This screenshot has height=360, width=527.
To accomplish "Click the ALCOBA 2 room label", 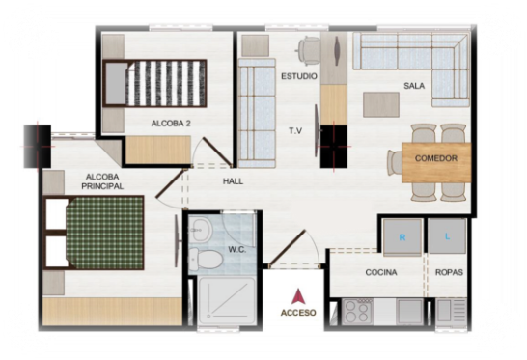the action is coord(171,124).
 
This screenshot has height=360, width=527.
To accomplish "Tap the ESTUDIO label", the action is coord(299,76).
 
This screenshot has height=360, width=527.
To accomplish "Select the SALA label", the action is coord(414,86).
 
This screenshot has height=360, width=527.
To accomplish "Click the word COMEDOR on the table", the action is coord(436,158).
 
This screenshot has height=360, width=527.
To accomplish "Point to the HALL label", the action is coord(233,181).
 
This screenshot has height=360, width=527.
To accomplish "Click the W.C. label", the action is coord(236,250).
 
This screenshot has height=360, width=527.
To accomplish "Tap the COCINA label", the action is coord(381,272).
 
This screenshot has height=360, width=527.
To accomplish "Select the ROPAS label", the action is coord(449,272).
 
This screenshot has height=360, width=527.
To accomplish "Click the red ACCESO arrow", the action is coord(298,296).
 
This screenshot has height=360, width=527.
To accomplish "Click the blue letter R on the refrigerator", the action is coord(402,237).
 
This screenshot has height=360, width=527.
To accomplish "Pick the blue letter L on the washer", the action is coord(447,236).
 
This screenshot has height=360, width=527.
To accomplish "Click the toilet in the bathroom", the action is coord(205,260).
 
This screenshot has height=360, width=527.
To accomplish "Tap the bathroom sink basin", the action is coord(200,231).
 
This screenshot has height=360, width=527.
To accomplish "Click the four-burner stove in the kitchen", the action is coord(357,312).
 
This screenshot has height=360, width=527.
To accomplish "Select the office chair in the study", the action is coord(309,50).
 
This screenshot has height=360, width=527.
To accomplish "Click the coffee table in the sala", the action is coord(381,105).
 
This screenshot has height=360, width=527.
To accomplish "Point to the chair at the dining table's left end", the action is coord(395,163).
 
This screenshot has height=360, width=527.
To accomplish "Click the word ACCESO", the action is coord(298,313).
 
